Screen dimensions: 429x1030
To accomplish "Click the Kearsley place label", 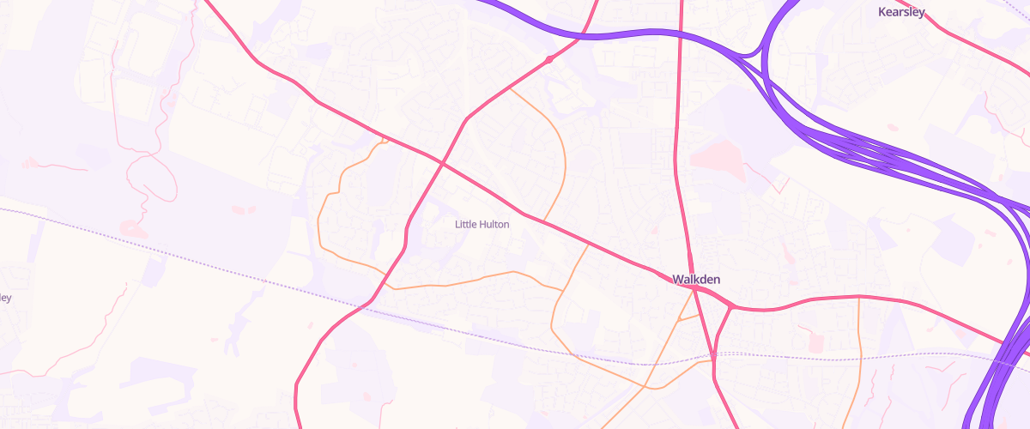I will coord(902,12).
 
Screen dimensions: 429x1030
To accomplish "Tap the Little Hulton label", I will coord(482,225).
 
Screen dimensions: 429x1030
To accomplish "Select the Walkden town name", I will coord(696,280).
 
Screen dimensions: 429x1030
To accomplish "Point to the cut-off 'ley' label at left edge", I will coord(5,298).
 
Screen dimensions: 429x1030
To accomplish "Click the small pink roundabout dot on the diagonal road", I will coord(548,59).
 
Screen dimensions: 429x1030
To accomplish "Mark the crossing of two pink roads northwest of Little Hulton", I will coord(442,161).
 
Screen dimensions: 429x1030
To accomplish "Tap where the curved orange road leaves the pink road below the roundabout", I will coord(511,88).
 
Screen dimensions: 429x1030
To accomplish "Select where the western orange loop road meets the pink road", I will coord(385,140).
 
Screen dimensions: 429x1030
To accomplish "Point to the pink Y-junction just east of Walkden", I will coord(730,305).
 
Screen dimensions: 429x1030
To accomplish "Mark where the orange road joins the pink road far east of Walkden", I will coord(858,297).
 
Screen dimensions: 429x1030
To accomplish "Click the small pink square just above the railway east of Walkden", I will coord(815,343).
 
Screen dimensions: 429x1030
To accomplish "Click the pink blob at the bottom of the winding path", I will coord(130,228).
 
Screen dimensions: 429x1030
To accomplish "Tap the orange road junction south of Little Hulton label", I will coord(562,291).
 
